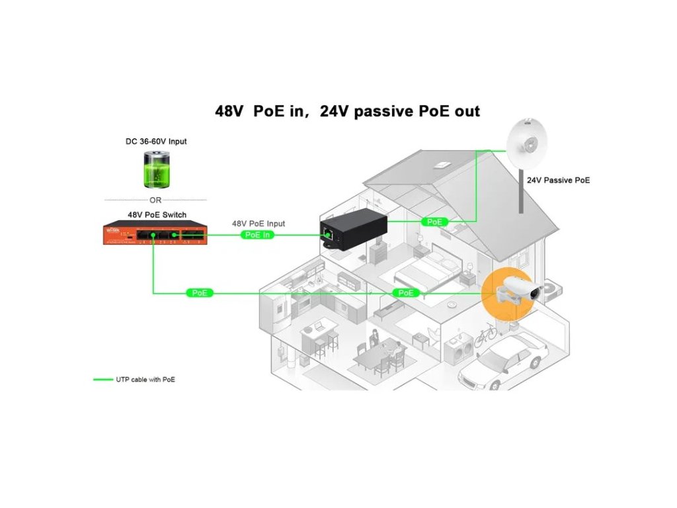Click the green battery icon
[x=157, y=170]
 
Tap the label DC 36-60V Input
[x=156, y=141]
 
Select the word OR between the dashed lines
[x=155, y=200]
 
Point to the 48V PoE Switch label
[x=157, y=215]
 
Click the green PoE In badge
[x=258, y=235]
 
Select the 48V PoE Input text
[x=259, y=224]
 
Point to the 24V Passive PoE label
[x=558, y=180]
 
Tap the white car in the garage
[x=508, y=361]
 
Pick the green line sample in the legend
[x=102, y=380]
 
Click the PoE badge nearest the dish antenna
[x=434, y=222]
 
